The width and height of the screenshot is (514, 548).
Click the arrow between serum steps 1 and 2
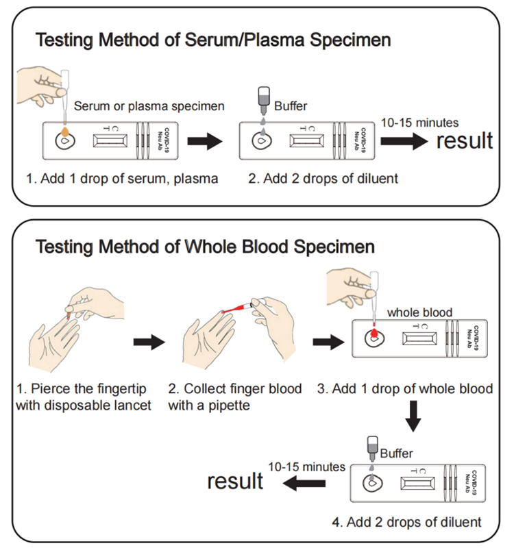[x=205, y=142]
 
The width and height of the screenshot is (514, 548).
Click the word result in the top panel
[x=464, y=140]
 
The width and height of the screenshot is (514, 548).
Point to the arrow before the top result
[x=404, y=141]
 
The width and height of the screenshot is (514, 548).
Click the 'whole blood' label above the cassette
[x=419, y=312]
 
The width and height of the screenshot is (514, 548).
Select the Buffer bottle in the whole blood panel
[x=372, y=448]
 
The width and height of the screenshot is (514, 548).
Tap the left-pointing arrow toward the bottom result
[x=305, y=484]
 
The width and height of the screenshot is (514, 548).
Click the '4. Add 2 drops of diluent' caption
[x=406, y=522]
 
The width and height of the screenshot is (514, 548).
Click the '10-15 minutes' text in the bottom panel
[x=306, y=466]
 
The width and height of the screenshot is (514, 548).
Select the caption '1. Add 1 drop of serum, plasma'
[x=122, y=179]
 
